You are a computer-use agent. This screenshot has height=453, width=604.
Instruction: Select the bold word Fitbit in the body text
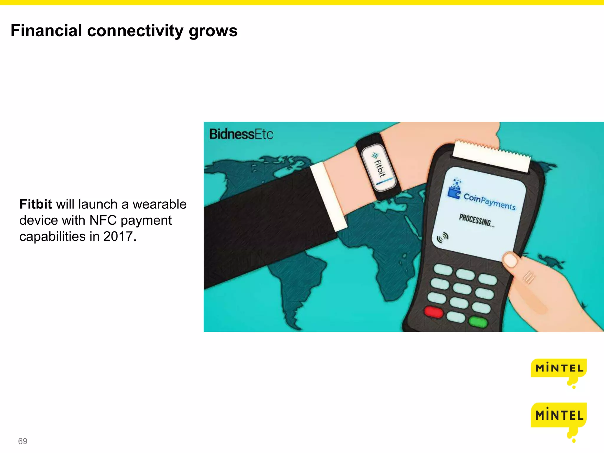click(x=35, y=204)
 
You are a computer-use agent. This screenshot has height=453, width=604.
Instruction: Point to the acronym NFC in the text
click(x=103, y=220)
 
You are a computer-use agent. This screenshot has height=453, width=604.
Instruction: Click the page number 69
click(x=23, y=441)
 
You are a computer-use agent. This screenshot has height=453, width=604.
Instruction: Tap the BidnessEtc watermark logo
click(x=241, y=134)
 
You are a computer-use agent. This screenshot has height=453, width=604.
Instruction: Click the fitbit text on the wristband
click(x=380, y=168)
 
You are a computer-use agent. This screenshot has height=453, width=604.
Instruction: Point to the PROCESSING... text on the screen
click(x=476, y=220)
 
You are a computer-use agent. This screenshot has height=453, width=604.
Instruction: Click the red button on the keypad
click(x=433, y=312)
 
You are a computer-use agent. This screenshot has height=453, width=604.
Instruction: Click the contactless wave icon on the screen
click(x=442, y=237)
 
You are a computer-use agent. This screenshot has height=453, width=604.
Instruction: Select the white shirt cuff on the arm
click(x=328, y=196)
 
